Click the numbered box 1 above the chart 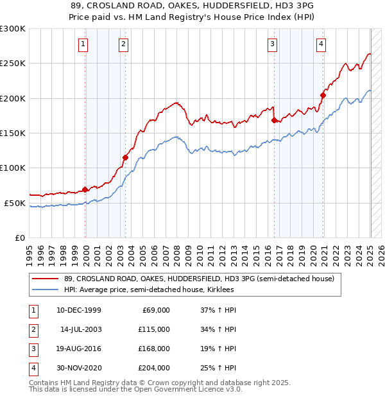pyautogui.click(x=84, y=44)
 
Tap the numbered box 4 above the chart pyautogui.click(x=320, y=44)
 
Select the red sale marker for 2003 pyautogui.click(x=125, y=157)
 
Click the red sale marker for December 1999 pyautogui.click(x=85, y=189)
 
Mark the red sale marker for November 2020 pyautogui.click(x=323, y=95)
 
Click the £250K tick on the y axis pyautogui.click(x=13, y=64)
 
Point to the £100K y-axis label pyautogui.click(x=13, y=168)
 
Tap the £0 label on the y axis pyautogui.click(x=19, y=238)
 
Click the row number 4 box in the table pyautogui.click(x=33, y=368)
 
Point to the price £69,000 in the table pyautogui.click(x=155, y=310)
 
